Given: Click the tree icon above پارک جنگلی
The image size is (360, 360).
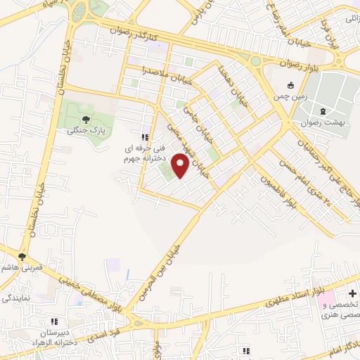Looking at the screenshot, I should coord(86,119).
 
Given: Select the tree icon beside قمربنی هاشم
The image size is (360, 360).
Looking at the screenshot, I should coord(22,257).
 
